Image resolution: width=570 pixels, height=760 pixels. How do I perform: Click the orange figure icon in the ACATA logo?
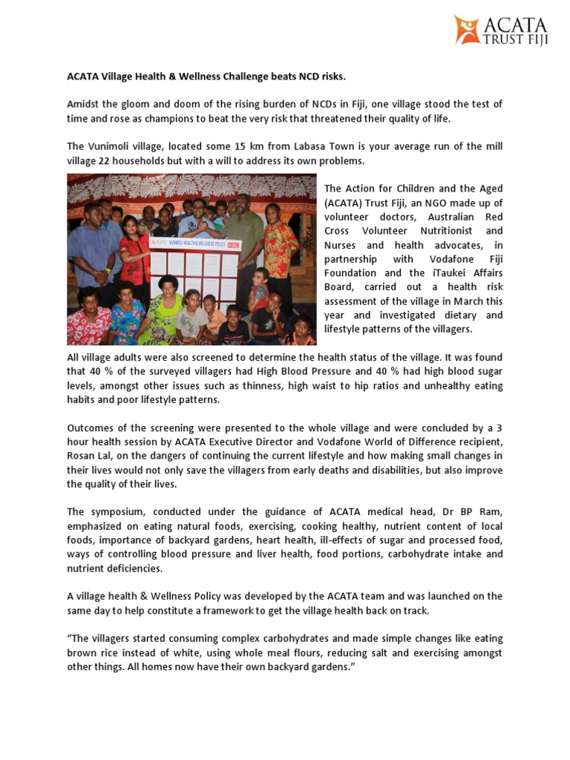tap(468, 29)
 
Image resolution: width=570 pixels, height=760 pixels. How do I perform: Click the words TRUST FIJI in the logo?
tap(516, 39)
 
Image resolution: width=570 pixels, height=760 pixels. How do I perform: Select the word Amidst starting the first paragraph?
tap(85, 104)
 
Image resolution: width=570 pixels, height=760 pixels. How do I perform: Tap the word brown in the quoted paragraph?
tap(83, 653)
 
